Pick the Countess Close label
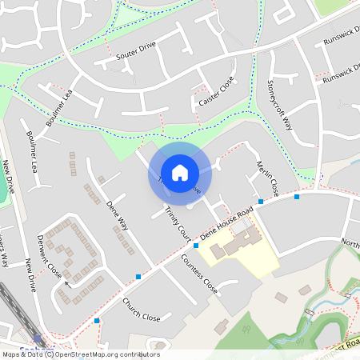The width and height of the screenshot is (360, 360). pyautogui.click(x=199, y=274)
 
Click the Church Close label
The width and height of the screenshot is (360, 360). pyautogui.click(x=141, y=310)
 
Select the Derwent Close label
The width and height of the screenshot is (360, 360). pyautogui.click(x=50, y=259)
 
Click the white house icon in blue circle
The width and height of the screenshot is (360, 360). pyautogui.click(x=179, y=172)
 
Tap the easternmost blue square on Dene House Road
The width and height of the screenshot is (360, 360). pyautogui.click(x=297, y=196)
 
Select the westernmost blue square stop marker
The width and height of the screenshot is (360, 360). pyautogui.click(x=97, y=320)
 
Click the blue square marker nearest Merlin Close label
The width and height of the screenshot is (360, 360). pyautogui.click(x=261, y=202)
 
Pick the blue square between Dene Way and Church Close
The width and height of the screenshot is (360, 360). pyautogui.click(x=138, y=277)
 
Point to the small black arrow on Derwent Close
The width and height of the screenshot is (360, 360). pyautogui.click(x=67, y=283)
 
